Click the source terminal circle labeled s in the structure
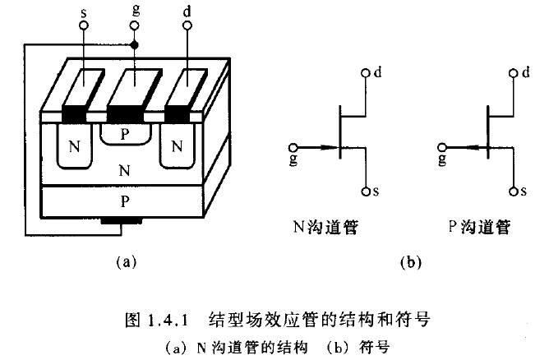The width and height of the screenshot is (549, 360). pyautogui.click(x=82, y=26)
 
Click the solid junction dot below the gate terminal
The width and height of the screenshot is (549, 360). pyautogui.click(x=135, y=44)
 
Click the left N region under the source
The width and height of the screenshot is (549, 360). pyautogui.click(x=75, y=148)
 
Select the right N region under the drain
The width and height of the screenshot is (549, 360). pyautogui.click(x=175, y=148)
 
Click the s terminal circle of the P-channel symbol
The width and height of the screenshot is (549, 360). pyautogui.click(x=511, y=191)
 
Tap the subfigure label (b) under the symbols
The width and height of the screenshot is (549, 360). pyautogui.click(x=408, y=262)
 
